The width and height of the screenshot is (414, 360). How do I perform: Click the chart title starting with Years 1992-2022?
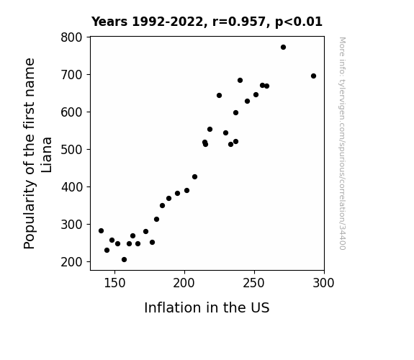click(207, 22)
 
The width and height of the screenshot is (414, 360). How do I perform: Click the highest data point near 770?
click(283, 48)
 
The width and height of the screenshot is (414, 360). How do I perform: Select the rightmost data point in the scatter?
click(313, 76)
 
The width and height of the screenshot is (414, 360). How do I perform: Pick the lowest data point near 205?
click(124, 260)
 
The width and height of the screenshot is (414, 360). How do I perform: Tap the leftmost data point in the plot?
click(101, 231)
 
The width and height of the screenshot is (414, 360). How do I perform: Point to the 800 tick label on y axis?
click(71, 37)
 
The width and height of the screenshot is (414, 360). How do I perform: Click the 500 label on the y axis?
click(71, 150)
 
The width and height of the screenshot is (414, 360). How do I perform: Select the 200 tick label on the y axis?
click(71, 262)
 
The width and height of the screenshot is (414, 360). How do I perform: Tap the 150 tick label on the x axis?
click(114, 283)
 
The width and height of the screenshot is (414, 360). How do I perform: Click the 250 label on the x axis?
click(254, 283)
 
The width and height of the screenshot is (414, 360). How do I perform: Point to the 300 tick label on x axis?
click(323, 283)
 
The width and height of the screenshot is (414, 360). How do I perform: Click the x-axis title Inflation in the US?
click(207, 307)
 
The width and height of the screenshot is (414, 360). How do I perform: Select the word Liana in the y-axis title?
click(47, 155)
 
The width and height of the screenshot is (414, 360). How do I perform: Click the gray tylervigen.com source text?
click(342, 143)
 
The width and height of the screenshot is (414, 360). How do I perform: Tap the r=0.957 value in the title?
click(239, 22)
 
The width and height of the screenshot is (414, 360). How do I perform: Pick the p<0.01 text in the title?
click(299, 22)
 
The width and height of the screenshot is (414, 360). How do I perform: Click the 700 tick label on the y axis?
click(71, 75)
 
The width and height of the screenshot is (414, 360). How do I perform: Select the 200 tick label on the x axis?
click(184, 283)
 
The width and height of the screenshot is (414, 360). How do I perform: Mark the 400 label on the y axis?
click(71, 187)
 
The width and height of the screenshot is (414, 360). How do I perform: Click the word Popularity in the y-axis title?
click(29, 214)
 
